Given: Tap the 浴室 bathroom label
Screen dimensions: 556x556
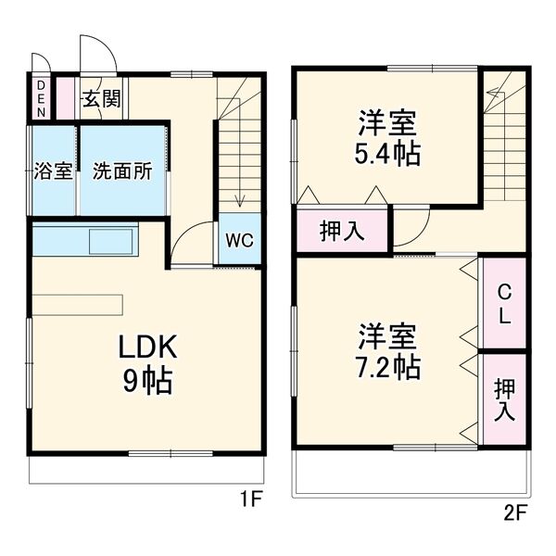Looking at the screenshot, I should [53, 172].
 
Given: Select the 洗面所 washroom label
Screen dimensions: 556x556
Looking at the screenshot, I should [121, 172].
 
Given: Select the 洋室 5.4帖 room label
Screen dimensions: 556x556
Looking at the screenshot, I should [386, 137].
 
